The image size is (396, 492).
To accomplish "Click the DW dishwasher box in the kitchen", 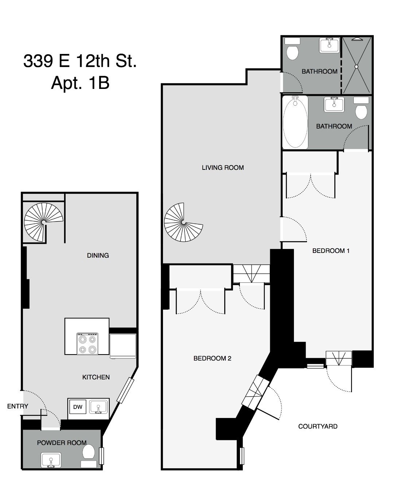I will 78,407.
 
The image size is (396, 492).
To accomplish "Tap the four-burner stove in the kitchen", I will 88,344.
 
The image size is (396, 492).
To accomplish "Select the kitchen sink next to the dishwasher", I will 98,406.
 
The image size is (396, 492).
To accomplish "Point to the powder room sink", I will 51,460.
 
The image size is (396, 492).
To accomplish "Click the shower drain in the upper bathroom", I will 357,67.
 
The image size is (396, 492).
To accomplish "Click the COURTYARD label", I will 318,426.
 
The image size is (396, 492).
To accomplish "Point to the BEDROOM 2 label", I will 212,358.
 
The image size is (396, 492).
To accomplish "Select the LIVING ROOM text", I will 223,168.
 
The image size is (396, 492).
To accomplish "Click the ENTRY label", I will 18,406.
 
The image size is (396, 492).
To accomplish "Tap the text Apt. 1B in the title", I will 80,83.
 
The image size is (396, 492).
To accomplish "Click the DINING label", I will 98,255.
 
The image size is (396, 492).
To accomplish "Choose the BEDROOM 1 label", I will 331,251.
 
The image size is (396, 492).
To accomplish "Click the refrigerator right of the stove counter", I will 123,345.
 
